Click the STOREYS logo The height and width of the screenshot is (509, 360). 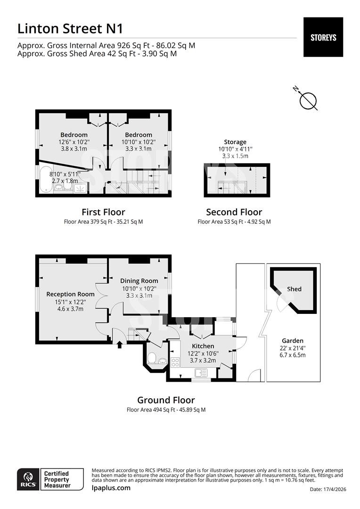tap(323, 37)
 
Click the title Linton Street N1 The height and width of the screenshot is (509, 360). tap(70, 28)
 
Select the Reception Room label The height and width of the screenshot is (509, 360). tap(70, 294)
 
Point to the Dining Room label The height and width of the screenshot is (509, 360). tap(139, 281)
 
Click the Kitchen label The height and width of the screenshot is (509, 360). tap(203, 346)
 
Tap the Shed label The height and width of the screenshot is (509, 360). tap(294, 289)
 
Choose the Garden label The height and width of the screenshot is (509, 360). tap(293, 341)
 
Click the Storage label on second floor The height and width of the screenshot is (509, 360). tap(235, 142)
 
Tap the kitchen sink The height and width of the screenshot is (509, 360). tap(201, 373)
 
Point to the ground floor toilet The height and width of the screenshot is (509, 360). tap(153, 358)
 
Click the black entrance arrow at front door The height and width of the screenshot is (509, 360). tap(119, 344)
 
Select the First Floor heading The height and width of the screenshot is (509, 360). tap(103, 212)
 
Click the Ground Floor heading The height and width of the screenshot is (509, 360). tap(166, 400)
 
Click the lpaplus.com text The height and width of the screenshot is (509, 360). tap(111, 488)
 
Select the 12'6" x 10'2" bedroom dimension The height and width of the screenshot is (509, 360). tap(74, 141)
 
